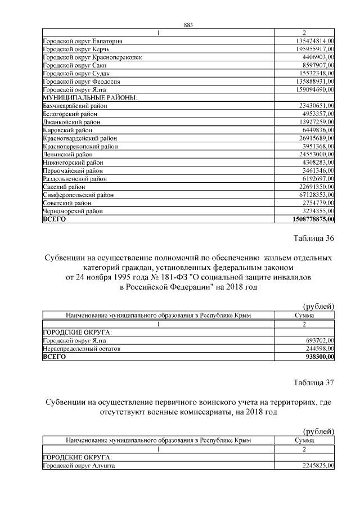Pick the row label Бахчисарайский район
pos(75,106)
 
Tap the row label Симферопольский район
pos(78,195)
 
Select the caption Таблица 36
pos(314,238)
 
